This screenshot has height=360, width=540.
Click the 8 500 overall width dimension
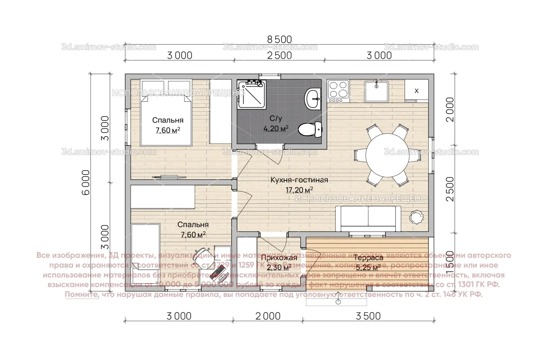tap(279, 40)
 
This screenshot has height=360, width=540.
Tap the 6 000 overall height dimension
tap(86, 182)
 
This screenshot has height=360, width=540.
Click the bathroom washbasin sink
tap(313, 98)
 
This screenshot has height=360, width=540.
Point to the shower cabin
tap(252, 94)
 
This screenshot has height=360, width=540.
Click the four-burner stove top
tap(338, 91)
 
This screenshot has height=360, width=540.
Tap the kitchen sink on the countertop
tap(377, 91)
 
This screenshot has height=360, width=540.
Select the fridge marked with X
tap(416, 91)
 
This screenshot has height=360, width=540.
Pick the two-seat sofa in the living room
tap(368, 218)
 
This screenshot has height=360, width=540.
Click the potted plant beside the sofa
tap(416, 217)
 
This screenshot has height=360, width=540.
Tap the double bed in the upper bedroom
tap(166, 113)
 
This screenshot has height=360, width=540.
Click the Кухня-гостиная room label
tap(299, 180)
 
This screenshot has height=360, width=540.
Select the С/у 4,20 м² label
tap(276, 123)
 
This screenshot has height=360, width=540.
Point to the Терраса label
tap(368, 258)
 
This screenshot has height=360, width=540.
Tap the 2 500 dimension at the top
tap(279, 55)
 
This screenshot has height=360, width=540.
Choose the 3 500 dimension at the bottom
tap(368, 316)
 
